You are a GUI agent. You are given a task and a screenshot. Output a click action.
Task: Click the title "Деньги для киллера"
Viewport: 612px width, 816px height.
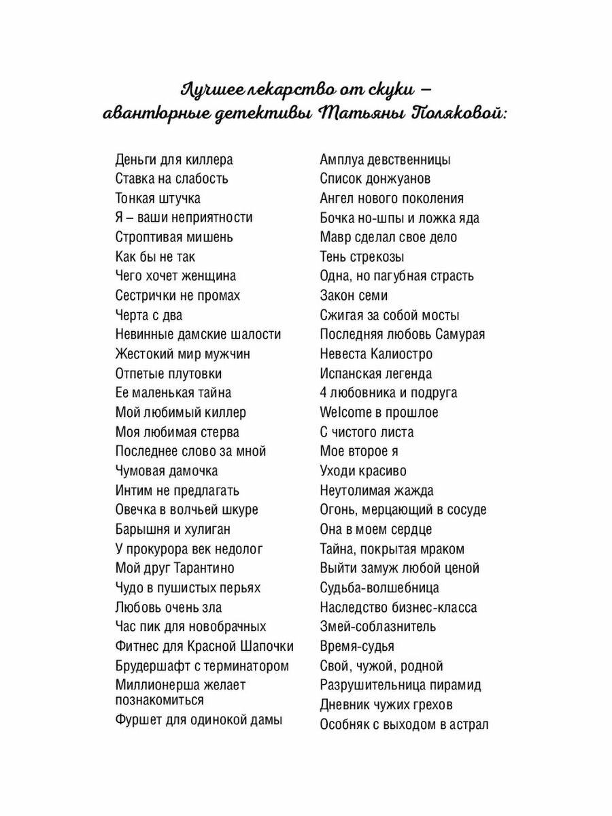tap(174, 160)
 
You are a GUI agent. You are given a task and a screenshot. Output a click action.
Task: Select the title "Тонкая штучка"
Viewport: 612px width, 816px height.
tap(158, 199)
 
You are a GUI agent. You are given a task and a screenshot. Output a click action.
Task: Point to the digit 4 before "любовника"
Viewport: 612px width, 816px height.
tap(324, 393)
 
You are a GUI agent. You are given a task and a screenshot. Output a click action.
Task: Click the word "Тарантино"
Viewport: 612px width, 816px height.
tap(204, 568)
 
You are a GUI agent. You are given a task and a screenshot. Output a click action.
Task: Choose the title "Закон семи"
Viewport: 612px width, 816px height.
tap(354, 296)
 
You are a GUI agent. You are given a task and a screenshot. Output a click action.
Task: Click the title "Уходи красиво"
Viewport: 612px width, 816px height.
tap(363, 471)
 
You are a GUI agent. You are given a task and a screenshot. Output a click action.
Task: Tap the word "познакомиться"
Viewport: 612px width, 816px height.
tap(159, 700)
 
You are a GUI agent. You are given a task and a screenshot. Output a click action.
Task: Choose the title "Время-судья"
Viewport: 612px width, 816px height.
tap(357, 647)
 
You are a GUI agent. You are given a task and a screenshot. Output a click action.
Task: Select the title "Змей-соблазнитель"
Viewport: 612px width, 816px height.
tap(378, 627)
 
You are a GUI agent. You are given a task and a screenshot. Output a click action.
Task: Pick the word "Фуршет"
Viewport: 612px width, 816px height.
tap(139, 720)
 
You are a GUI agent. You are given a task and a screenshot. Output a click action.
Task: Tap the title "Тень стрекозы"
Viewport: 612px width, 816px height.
tap(362, 257)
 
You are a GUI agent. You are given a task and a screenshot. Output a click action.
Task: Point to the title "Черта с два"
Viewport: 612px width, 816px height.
tap(149, 316)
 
